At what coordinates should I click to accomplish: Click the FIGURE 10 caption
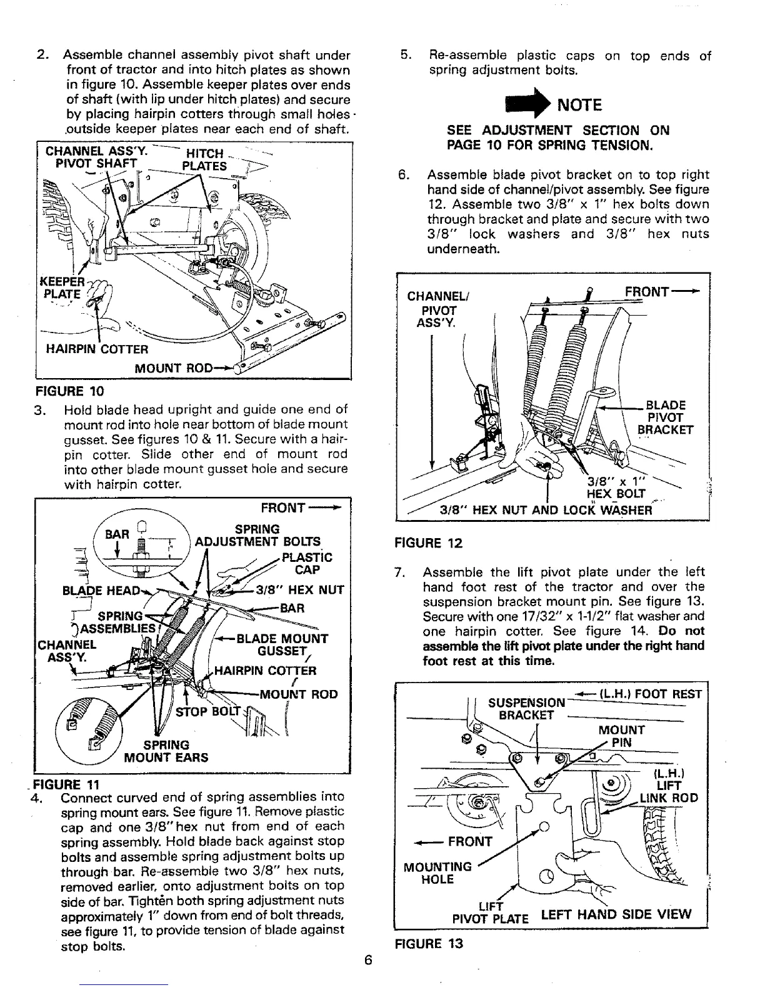coord(69,392)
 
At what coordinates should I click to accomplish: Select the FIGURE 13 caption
coord(428,943)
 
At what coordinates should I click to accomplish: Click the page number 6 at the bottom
coord(368,961)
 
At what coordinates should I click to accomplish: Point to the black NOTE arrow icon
coord(530,104)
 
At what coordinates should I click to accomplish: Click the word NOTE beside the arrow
coord(579,105)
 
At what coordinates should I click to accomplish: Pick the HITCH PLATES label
coord(204,160)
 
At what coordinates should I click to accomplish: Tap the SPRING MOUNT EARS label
coord(166,751)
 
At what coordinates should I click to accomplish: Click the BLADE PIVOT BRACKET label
coord(666,417)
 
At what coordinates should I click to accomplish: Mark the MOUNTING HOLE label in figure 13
coord(437,873)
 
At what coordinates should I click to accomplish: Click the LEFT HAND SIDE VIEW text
coord(616,914)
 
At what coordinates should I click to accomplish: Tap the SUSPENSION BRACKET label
coord(527,709)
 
